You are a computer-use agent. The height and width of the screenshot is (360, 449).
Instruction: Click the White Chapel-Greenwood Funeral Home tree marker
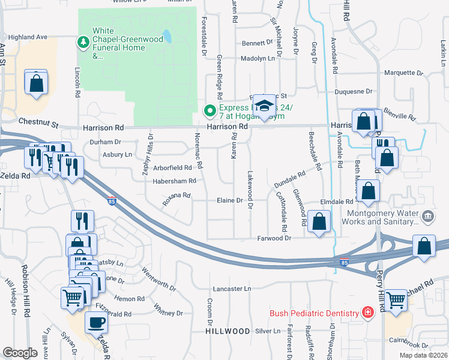coord(83,42)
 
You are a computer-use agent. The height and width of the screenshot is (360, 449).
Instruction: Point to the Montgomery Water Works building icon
coord(427,215)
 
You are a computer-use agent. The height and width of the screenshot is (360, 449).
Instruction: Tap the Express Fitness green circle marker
coord(209,110)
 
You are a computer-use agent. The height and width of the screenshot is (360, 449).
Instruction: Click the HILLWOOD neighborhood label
coord(228,331)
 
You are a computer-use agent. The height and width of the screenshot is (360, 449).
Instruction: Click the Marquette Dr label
coord(403,73)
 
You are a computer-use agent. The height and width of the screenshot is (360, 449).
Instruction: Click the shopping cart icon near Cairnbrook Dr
coord(396,300)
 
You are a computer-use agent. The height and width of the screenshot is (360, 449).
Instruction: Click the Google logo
coord(20,352)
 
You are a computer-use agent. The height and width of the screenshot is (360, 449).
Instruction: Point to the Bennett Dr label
coord(258,43)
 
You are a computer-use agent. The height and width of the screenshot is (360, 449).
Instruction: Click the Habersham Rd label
coord(175,181)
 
